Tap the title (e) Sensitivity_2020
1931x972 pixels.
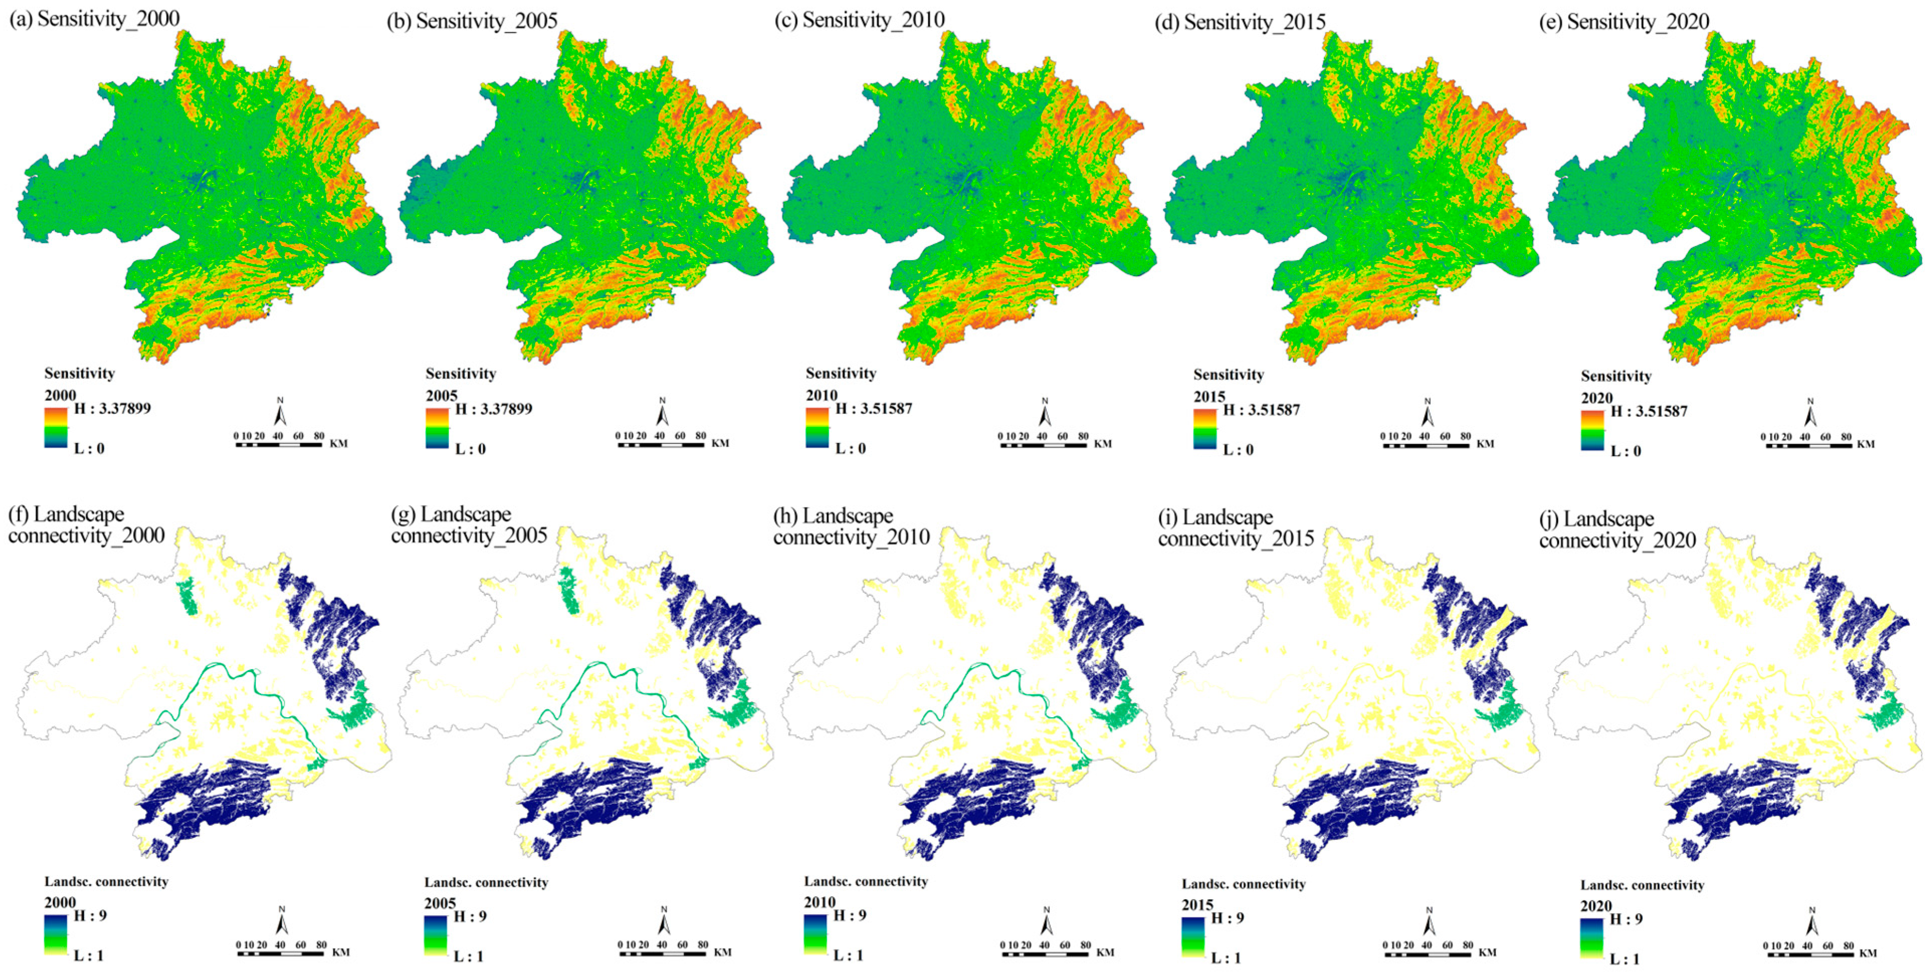pos(1624,22)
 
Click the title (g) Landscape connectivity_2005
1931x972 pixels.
pos(469,524)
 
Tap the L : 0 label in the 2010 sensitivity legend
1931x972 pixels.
pos(850,448)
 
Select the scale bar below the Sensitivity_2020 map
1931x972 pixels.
pos(1808,445)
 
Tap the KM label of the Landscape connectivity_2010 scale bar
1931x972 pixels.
pos(1105,952)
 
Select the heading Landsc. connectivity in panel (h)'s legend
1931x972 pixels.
pos(866,881)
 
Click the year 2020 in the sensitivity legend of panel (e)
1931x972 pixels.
pos(1596,398)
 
